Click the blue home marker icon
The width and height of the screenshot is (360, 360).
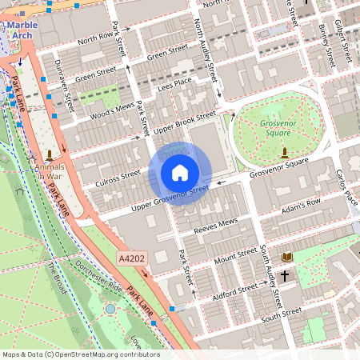(x=180, y=173)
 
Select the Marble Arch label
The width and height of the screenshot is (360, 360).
(x=22, y=30)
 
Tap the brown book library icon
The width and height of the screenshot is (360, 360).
(x=287, y=257)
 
